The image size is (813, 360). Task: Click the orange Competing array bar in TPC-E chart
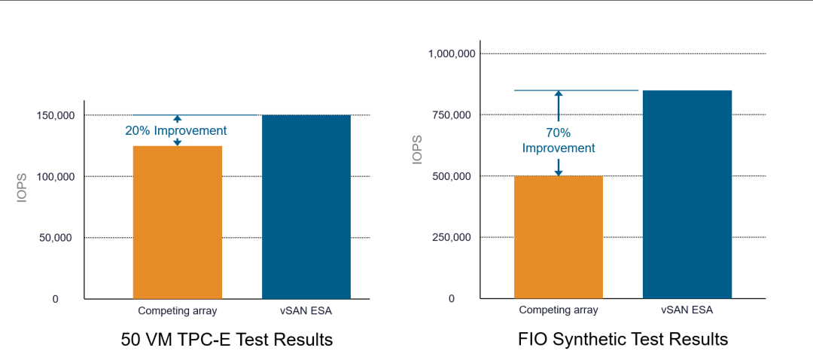(x=178, y=222)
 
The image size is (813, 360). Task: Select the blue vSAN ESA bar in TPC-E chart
(x=306, y=207)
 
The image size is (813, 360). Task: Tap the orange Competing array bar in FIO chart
(x=559, y=237)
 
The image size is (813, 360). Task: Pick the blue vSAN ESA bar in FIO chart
(x=687, y=194)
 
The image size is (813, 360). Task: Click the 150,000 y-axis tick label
(x=56, y=115)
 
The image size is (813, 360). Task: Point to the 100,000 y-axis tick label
(x=56, y=176)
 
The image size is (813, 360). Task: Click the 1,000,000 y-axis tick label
(x=452, y=53)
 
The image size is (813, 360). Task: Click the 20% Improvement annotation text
(x=176, y=130)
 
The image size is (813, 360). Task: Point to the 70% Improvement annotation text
(x=559, y=140)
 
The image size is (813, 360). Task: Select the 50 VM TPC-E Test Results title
(x=227, y=340)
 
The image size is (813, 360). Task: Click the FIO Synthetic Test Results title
(x=623, y=340)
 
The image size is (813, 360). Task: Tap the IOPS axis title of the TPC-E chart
(x=23, y=189)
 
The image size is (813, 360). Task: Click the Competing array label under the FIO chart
(x=559, y=310)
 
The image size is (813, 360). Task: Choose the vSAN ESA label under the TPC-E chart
(x=306, y=310)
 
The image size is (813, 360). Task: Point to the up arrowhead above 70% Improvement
(x=559, y=94)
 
